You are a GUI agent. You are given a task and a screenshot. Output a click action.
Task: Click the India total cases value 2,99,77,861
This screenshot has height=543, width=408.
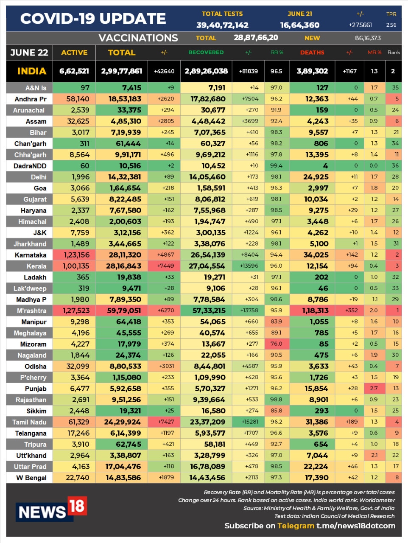tap(122, 71)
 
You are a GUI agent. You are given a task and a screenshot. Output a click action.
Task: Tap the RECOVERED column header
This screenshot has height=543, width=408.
tap(206, 53)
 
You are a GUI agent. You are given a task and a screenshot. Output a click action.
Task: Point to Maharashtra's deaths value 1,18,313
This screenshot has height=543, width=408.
tap(315, 311)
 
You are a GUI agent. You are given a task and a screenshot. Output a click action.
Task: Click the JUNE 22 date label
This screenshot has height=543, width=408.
tap(29, 53)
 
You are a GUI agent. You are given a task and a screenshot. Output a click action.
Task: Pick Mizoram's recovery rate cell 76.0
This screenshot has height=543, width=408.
tap(276, 344)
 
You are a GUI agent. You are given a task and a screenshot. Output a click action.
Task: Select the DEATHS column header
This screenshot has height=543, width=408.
tap(312, 53)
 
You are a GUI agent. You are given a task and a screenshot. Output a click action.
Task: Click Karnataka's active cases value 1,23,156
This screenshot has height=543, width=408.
tap(77, 255)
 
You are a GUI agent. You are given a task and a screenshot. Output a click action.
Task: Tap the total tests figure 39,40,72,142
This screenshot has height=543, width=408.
tap(222, 25)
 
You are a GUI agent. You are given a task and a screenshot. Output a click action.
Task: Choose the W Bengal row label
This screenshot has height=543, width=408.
tap(31, 478)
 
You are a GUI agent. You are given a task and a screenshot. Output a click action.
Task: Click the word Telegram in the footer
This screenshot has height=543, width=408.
tap(296, 526)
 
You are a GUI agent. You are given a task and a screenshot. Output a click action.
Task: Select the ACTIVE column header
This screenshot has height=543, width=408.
tap(74, 53)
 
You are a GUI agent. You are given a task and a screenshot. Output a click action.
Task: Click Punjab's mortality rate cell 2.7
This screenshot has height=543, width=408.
tap(374, 388)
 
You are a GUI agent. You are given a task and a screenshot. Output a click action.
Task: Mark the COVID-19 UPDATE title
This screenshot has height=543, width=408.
tap(93, 19)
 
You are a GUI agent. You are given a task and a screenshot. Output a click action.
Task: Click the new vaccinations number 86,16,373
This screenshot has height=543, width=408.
tap(368, 38)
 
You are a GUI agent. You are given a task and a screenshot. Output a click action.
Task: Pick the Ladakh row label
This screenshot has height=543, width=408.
tap(35, 277)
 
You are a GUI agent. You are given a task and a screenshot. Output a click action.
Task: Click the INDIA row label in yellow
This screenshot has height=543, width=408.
tap(31, 71)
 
